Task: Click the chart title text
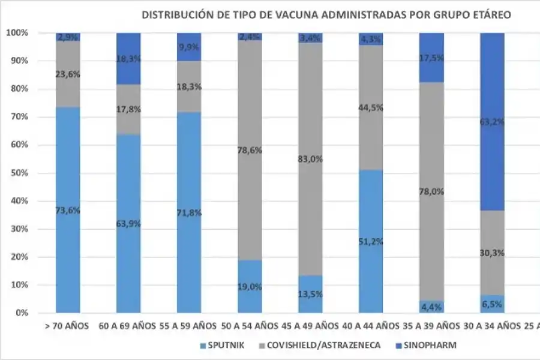pyautogui.click(x=326, y=14)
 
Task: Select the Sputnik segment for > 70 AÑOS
pyautogui.click(x=68, y=210)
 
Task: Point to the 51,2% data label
pyautogui.click(x=371, y=242)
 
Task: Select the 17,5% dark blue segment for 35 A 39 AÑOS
pyautogui.click(x=431, y=58)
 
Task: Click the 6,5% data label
pyautogui.click(x=492, y=305)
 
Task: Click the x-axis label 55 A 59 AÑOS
pyautogui.click(x=189, y=326)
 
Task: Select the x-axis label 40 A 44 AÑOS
pyautogui.click(x=371, y=326)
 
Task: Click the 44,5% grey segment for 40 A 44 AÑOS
pyautogui.click(x=371, y=108)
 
